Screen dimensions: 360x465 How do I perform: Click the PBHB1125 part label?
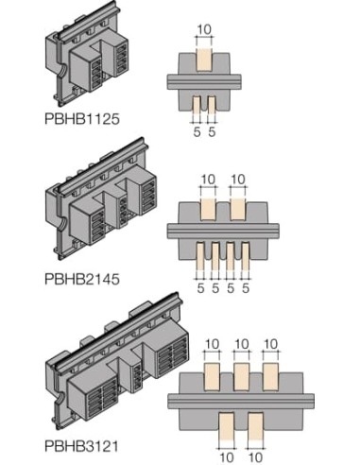click(x=82, y=119)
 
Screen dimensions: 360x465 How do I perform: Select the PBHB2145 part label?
click(x=82, y=279)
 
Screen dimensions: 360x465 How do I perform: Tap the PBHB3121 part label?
click(x=81, y=446)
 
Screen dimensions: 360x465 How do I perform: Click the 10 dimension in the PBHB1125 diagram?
click(x=204, y=29)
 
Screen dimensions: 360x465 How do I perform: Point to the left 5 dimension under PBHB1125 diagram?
click(x=197, y=131)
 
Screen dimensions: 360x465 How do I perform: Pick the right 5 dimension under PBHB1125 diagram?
click(x=212, y=131)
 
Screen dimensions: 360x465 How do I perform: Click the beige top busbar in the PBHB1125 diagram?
click(x=204, y=60)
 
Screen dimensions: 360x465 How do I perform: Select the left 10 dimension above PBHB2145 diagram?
click(x=208, y=180)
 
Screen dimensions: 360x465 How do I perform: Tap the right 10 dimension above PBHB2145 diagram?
click(x=238, y=180)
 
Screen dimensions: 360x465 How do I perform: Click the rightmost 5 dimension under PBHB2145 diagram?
click(x=246, y=288)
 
